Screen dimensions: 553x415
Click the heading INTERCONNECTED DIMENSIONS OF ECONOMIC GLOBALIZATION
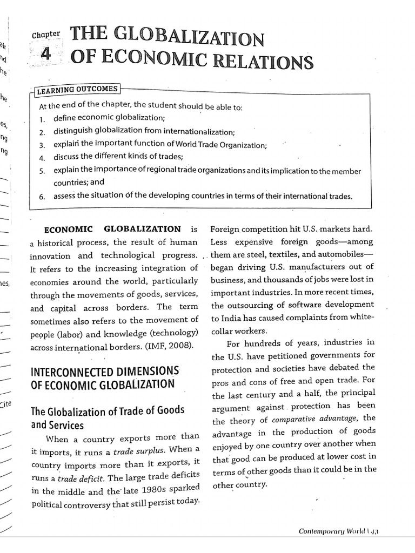105,378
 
